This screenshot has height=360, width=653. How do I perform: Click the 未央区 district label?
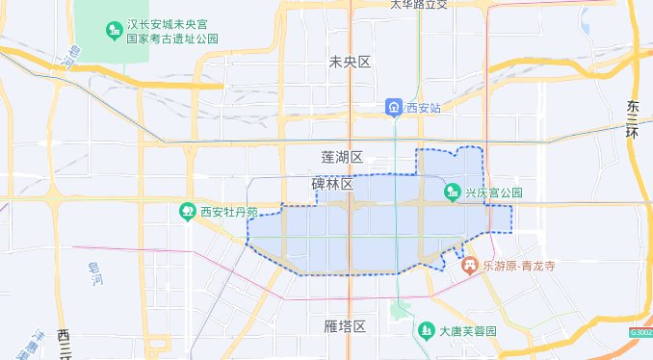[x=350, y=63]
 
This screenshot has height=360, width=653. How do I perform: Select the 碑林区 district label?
[x=332, y=183]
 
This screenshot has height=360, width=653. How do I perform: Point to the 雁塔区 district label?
[x=346, y=327]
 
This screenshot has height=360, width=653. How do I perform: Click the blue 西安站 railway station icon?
[x=395, y=107]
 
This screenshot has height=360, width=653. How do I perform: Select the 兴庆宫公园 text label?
[x=493, y=193]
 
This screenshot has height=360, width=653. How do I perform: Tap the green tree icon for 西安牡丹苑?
[x=188, y=212]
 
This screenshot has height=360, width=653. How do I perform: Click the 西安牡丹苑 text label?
[x=229, y=212]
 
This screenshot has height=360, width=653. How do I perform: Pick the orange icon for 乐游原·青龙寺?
[x=470, y=264]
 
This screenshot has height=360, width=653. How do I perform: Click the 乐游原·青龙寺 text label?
[x=520, y=265]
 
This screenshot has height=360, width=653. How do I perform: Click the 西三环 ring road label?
[x=65, y=342]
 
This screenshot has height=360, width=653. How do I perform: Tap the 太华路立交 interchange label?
[x=419, y=5]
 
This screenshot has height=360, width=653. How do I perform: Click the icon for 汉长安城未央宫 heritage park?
[x=112, y=31]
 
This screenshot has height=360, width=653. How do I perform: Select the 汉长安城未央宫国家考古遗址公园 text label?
[x=172, y=31]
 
